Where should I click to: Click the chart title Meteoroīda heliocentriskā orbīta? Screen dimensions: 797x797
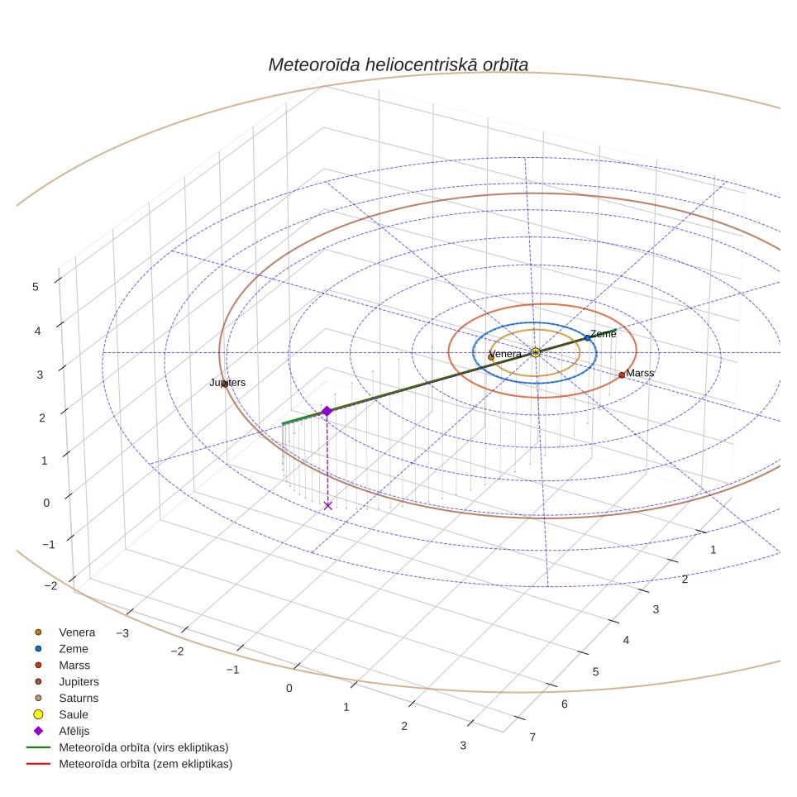click(398, 65)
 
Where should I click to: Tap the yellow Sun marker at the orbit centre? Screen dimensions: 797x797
click(535, 352)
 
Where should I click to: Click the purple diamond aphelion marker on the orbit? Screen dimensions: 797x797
click(327, 411)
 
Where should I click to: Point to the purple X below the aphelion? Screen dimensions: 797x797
click(328, 505)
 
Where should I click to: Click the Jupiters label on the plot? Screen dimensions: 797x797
click(227, 382)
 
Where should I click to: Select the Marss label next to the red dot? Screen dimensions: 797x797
click(640, 373)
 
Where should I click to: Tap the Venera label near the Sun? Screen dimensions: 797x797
click(505, 354)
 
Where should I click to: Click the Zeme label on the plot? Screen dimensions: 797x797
click(604, 334)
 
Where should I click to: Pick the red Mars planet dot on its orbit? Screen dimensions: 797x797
click(622, 375)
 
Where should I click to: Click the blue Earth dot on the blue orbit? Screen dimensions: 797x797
click(587, 338)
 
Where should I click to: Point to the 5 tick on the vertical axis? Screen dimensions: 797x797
click(35, 287)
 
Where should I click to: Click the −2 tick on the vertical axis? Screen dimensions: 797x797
click(50, 585)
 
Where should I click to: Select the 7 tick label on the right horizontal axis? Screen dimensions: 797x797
click(532, 737)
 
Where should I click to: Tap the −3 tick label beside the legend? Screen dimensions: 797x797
click(122, 633)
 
